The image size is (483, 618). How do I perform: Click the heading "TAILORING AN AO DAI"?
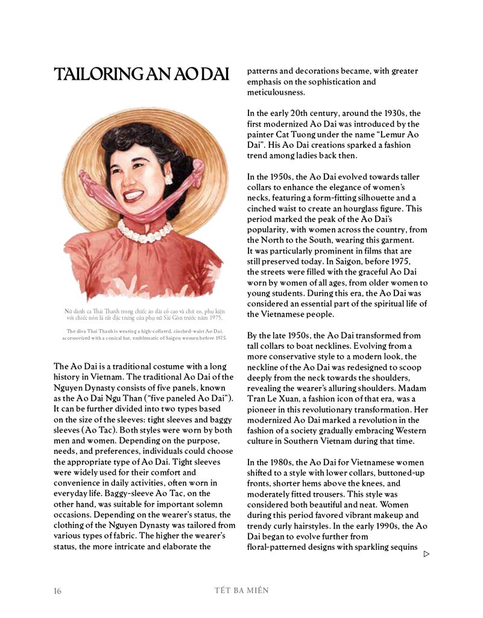coord(142,75)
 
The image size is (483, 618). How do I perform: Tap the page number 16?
coord(58,591)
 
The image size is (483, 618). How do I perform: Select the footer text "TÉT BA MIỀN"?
coord(241,590)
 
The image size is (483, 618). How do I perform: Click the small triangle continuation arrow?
coord(427,553)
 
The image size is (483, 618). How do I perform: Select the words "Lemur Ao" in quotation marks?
coord(397,134)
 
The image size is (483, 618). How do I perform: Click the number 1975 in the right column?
coord(399,261)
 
